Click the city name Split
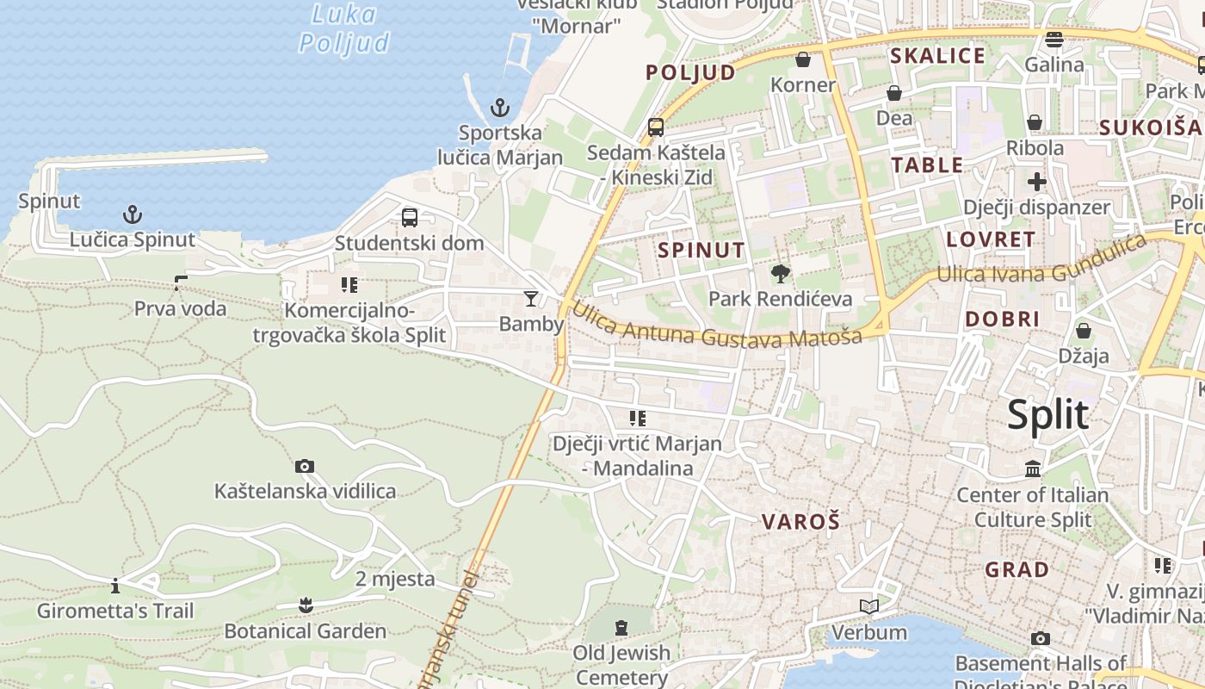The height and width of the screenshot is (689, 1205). pyautogui.click(x=1047, y=415)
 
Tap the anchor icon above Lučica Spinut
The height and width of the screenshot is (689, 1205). pyautogui.click(x=133, y=214)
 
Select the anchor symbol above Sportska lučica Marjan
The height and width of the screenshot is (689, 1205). pyautogui.click(x=500, y=108)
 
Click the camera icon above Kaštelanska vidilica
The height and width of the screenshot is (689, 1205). pyautogui.click(x=305, y=466)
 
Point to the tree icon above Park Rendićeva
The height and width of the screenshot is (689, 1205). pyautogui.click(x=781, y=274)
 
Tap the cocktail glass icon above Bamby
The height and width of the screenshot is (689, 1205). pyautogui.click(x=531, y=299)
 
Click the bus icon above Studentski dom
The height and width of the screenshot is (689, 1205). pyautogui.click(x=410, y=217)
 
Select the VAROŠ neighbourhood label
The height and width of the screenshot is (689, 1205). pyautogui.click(x=800, y=521)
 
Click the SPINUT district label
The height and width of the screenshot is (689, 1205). pyautogui.click(x=701, y=251)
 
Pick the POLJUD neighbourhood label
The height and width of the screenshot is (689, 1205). pyautogui.click(x=691, y=72)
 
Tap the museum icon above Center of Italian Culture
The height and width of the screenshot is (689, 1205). pyautogui.click(x=1033, y=469)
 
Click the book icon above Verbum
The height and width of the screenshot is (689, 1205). pyautogui.click(x=869, y=607)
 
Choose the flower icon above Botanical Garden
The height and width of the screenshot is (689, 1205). pyautogui.click(x=306, y=605)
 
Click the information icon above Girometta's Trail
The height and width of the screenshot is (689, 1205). pyautogui.click(x=115, y=587)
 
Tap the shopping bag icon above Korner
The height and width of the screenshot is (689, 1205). pyautogui.click(x=803, y=59)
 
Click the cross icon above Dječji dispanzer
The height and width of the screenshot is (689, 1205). pyautogui.click(x=1037, y=182)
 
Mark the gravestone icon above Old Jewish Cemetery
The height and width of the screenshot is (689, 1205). pyautogui.click(x=621, y=627)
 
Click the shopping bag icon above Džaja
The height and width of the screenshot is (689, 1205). pyautogui.click(x=1084, y=331)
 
